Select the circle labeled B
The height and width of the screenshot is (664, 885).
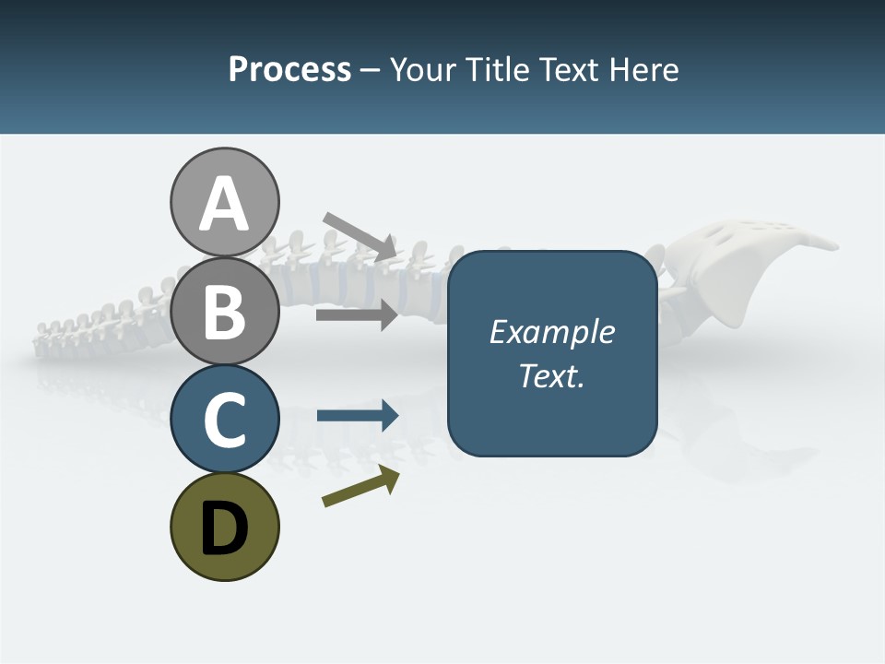(x=224, y=312)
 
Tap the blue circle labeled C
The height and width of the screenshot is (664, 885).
(x=224, y=419)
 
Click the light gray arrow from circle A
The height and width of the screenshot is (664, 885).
(x=360, y=235)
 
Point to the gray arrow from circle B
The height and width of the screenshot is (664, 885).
(x=357, y=315)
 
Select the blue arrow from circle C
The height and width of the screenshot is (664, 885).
(x=357, y=416)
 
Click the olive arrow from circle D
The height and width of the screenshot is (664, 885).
(x=360, y=487)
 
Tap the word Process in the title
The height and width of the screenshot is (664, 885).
(x=289, y=70)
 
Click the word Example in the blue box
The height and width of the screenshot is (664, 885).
(x=551, y=332)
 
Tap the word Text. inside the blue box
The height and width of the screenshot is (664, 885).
(x=551, y=376)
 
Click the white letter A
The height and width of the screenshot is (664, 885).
(x=224, y=204)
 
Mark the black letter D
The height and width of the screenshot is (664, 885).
(x=224, y=529)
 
